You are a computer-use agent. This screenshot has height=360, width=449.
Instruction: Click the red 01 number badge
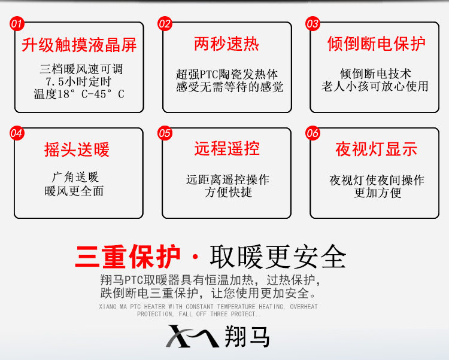pos(17,24)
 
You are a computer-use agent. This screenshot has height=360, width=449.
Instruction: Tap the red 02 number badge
pos(165,24)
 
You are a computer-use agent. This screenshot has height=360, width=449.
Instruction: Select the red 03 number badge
pos(313,24)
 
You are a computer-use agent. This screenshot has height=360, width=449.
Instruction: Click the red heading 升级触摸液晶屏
pos(79,45)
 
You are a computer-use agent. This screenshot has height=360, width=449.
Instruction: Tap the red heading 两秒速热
pos(226,43)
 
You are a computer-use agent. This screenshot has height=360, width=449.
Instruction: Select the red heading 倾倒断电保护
pos(376,43)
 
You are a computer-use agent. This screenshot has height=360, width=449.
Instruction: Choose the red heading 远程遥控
pos(226,148)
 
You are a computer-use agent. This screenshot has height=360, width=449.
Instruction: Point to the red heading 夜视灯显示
pos(376,150)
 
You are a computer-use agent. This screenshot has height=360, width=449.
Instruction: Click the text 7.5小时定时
pos(78,81)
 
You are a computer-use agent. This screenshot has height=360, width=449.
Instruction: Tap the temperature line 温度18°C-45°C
pos(79,94)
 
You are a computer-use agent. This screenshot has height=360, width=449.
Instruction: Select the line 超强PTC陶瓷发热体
pos(227,75)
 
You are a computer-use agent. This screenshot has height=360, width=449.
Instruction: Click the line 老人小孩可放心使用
pos(375,86)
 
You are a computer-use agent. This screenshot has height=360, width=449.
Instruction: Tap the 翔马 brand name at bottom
pos(248,336)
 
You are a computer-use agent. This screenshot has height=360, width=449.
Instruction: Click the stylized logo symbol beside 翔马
pos(192,336)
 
